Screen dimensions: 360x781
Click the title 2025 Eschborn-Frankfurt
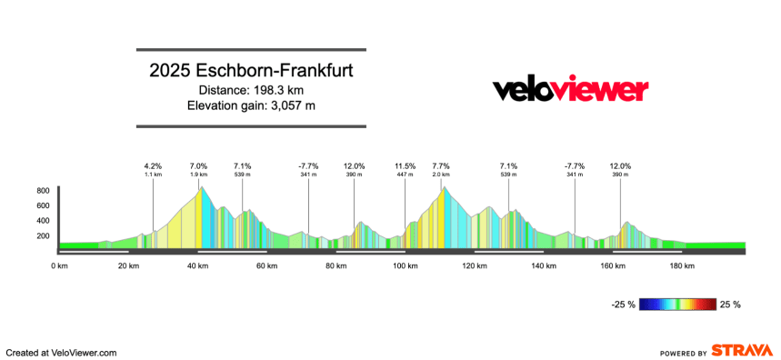tap(251, 70)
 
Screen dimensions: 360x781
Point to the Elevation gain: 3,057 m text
tap(251, 105)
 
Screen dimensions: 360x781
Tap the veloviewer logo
tap(570, 89)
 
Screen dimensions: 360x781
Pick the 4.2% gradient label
tap(153, 166)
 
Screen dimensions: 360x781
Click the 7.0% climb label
tap(198, 166)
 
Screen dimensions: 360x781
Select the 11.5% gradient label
tap(405, 166)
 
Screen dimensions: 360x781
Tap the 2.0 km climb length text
tap(441, 175)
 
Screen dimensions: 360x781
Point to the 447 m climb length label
tap(405, 175)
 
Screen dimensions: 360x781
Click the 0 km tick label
tap(59, 266)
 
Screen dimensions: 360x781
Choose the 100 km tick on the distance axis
tap(405, 266)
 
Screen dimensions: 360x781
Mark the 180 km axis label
tap(681, 266)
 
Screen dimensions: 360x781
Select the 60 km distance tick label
tap(266, 266)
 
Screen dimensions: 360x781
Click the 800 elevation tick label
tap(43, 191)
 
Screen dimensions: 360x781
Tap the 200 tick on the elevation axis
tap(43, 235)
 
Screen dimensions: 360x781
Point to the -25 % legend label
tap(623, 305)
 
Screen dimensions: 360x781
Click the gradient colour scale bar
tap(677, 305)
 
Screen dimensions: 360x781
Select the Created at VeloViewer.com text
tap(62, 352)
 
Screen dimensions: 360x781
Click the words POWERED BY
tap(683, 353)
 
